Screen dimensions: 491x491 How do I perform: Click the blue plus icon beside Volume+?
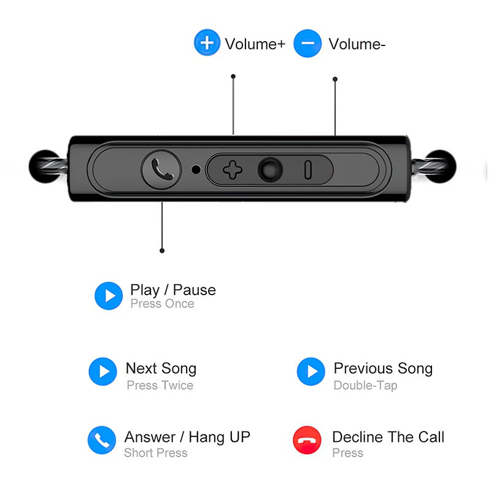[207, 42]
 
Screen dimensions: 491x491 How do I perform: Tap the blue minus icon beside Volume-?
[307, 43]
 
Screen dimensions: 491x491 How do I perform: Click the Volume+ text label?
[255, 44]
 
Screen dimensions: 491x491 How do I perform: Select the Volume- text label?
[357, 44]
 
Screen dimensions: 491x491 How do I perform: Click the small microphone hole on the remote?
[196, 169]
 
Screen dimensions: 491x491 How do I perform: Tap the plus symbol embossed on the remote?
[233, 170]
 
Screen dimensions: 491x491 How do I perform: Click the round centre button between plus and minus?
[270, 170]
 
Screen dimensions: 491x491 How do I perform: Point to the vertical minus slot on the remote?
[308, 170]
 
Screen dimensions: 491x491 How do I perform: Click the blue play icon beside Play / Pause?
[109, 296]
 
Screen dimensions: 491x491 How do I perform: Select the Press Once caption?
[162, 304]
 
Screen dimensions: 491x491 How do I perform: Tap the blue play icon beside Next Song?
[102, 371]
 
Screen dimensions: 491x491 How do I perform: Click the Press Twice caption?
[160, 385]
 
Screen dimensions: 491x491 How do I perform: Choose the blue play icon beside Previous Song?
[311, 371]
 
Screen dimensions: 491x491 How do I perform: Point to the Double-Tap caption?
[365, 385]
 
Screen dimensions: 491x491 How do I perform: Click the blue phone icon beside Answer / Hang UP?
[102, 440]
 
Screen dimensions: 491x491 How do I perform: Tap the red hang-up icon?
[307, 440]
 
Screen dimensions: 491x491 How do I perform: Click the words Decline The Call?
[389, 437]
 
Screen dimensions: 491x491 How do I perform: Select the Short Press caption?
[156, 453]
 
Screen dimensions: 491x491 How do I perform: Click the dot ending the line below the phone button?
[162, 250]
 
